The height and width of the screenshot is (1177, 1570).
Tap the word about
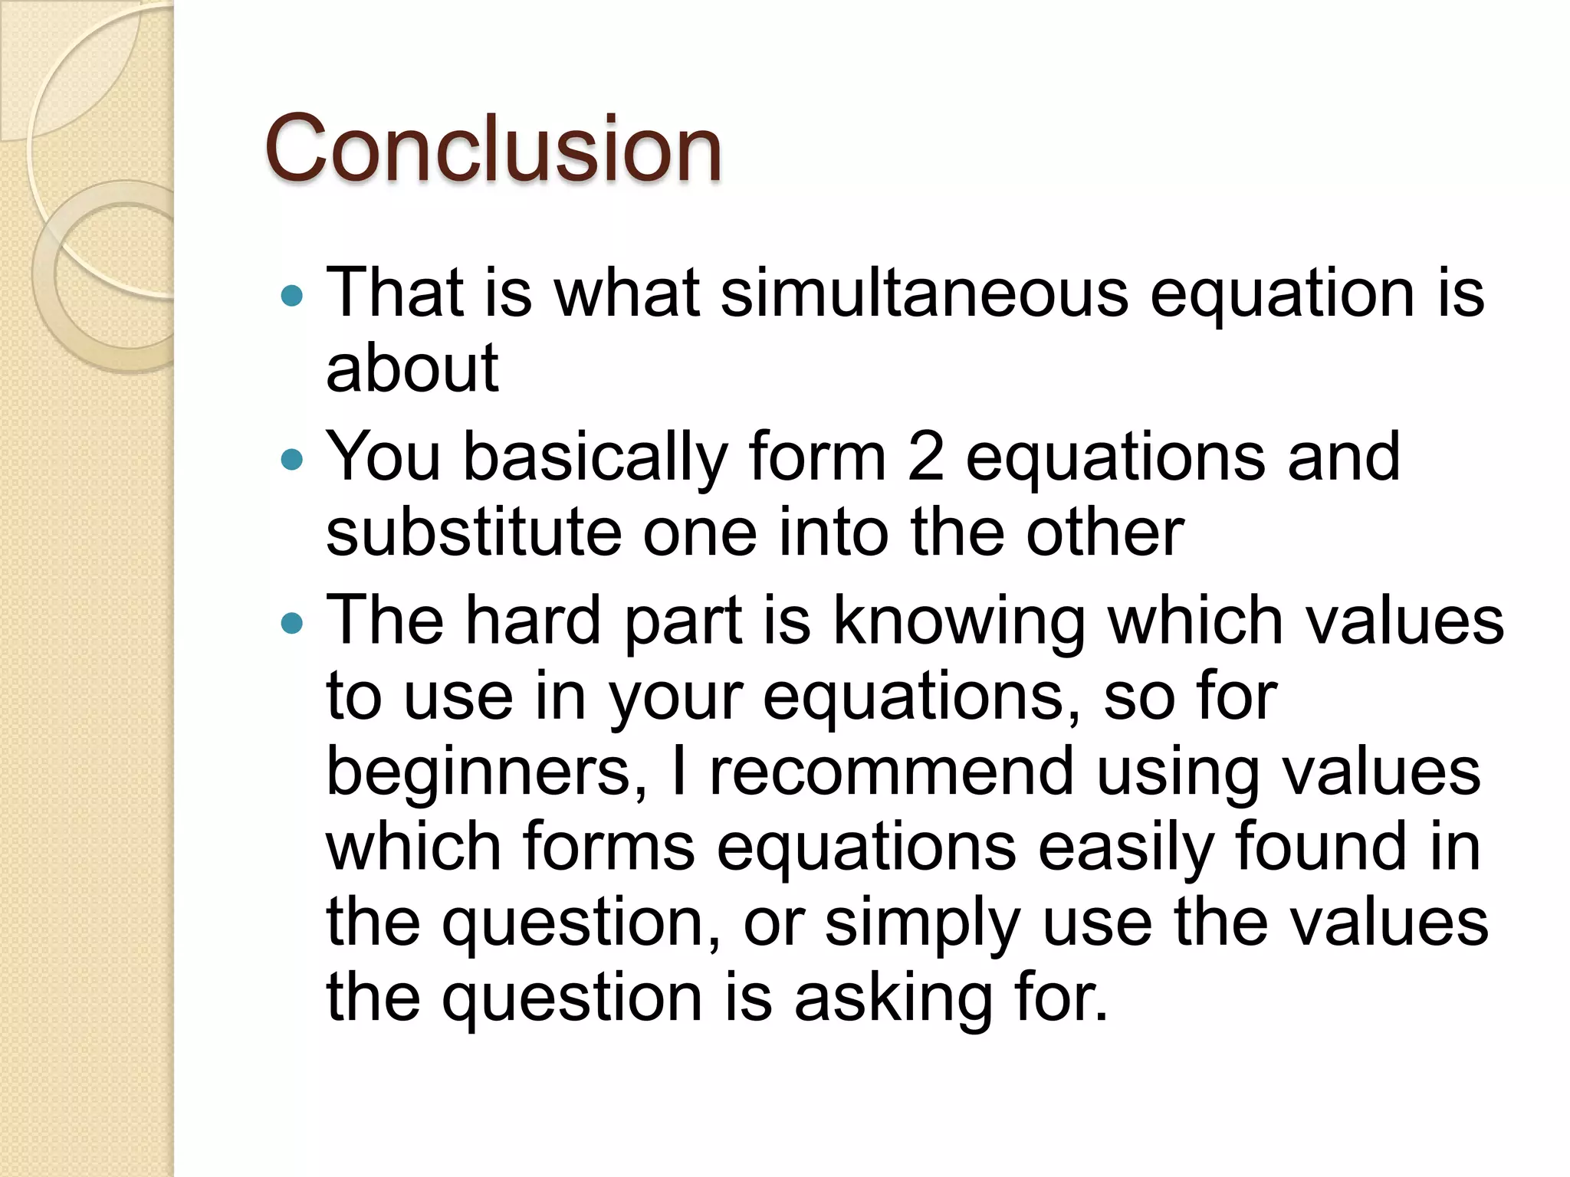click(412, 368)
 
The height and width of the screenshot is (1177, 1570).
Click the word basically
click(595, 457)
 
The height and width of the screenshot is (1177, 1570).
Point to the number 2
click(925, 457)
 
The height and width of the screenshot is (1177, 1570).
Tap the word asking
click(894, 999)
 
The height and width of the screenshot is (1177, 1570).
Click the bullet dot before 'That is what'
click(292, 295)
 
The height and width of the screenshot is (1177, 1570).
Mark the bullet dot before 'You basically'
click(292, 460)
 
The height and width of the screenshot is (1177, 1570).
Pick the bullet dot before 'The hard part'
click(292, 623)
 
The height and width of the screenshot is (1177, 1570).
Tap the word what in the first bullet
click(627, 293)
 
